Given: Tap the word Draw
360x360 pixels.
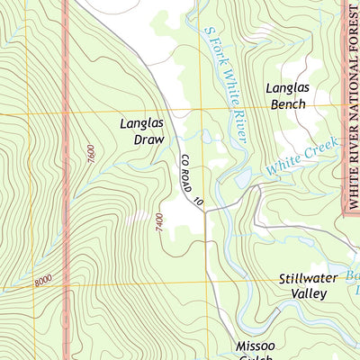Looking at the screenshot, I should click(x=148, y=139).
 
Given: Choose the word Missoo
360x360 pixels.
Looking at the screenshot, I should click(x=256, y=346).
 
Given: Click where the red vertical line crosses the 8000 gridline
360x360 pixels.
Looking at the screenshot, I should click(x=65, y=285).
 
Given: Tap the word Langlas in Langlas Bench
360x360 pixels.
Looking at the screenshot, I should click(x=285, y=88).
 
